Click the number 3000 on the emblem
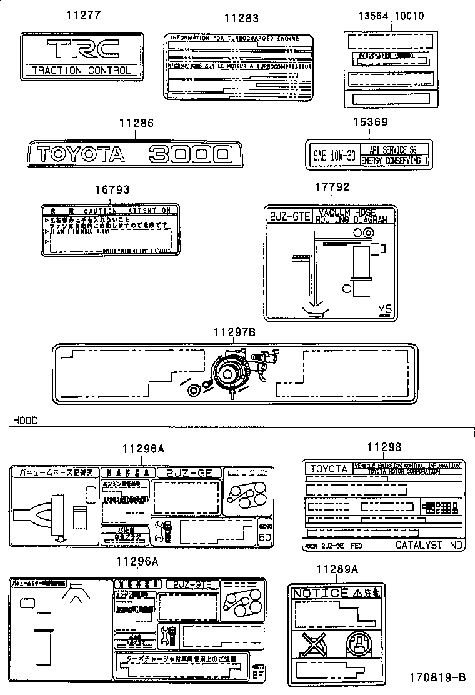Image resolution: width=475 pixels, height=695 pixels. (x=190, y=154)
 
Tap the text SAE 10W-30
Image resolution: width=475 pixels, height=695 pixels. (x=334, y=156)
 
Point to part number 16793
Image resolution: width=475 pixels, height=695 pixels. (x=112, y=189)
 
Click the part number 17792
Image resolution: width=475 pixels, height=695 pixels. (x=332, y=187)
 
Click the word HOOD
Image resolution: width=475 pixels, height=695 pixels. (x=25, y=421)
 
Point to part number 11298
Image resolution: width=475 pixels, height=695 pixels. (x=384, y=447)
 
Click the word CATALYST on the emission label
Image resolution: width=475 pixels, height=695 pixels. (x=418, y=545)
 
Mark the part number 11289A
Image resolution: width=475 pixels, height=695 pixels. (x=336, y=569)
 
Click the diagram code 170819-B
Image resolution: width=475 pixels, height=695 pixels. (x=437, y=677)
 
